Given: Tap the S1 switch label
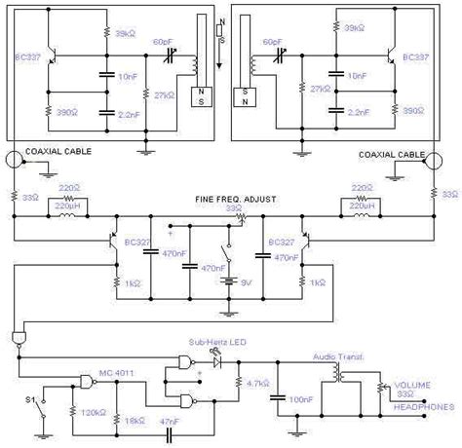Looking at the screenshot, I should (x=29, y=398).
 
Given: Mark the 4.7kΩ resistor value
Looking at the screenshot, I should (x=259, y=383).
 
